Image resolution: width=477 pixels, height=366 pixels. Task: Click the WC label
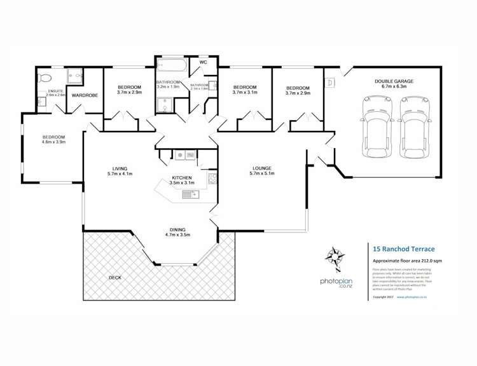tap(202, 63)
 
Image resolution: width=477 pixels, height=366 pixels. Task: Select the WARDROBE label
tap(83, 95)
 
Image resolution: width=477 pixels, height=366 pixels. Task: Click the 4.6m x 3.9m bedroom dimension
tap(54, 142)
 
